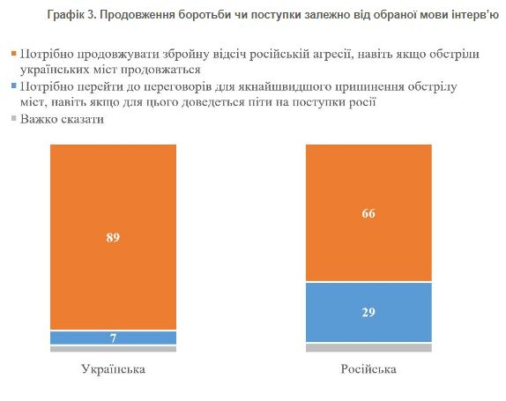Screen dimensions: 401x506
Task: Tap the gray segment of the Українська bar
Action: [x=113, y=349]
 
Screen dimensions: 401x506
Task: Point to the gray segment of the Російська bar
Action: [x=368, y=347]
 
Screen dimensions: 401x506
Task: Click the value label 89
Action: [x=113, y=236]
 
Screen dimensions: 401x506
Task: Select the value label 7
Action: [x=113, y=338]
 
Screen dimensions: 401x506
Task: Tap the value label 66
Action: [x=368, y=213]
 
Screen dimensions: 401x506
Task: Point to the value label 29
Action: [x=368, y=313]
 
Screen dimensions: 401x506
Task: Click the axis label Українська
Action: [x=113, y=368]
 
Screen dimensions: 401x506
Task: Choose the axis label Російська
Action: [x=368, y=368]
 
